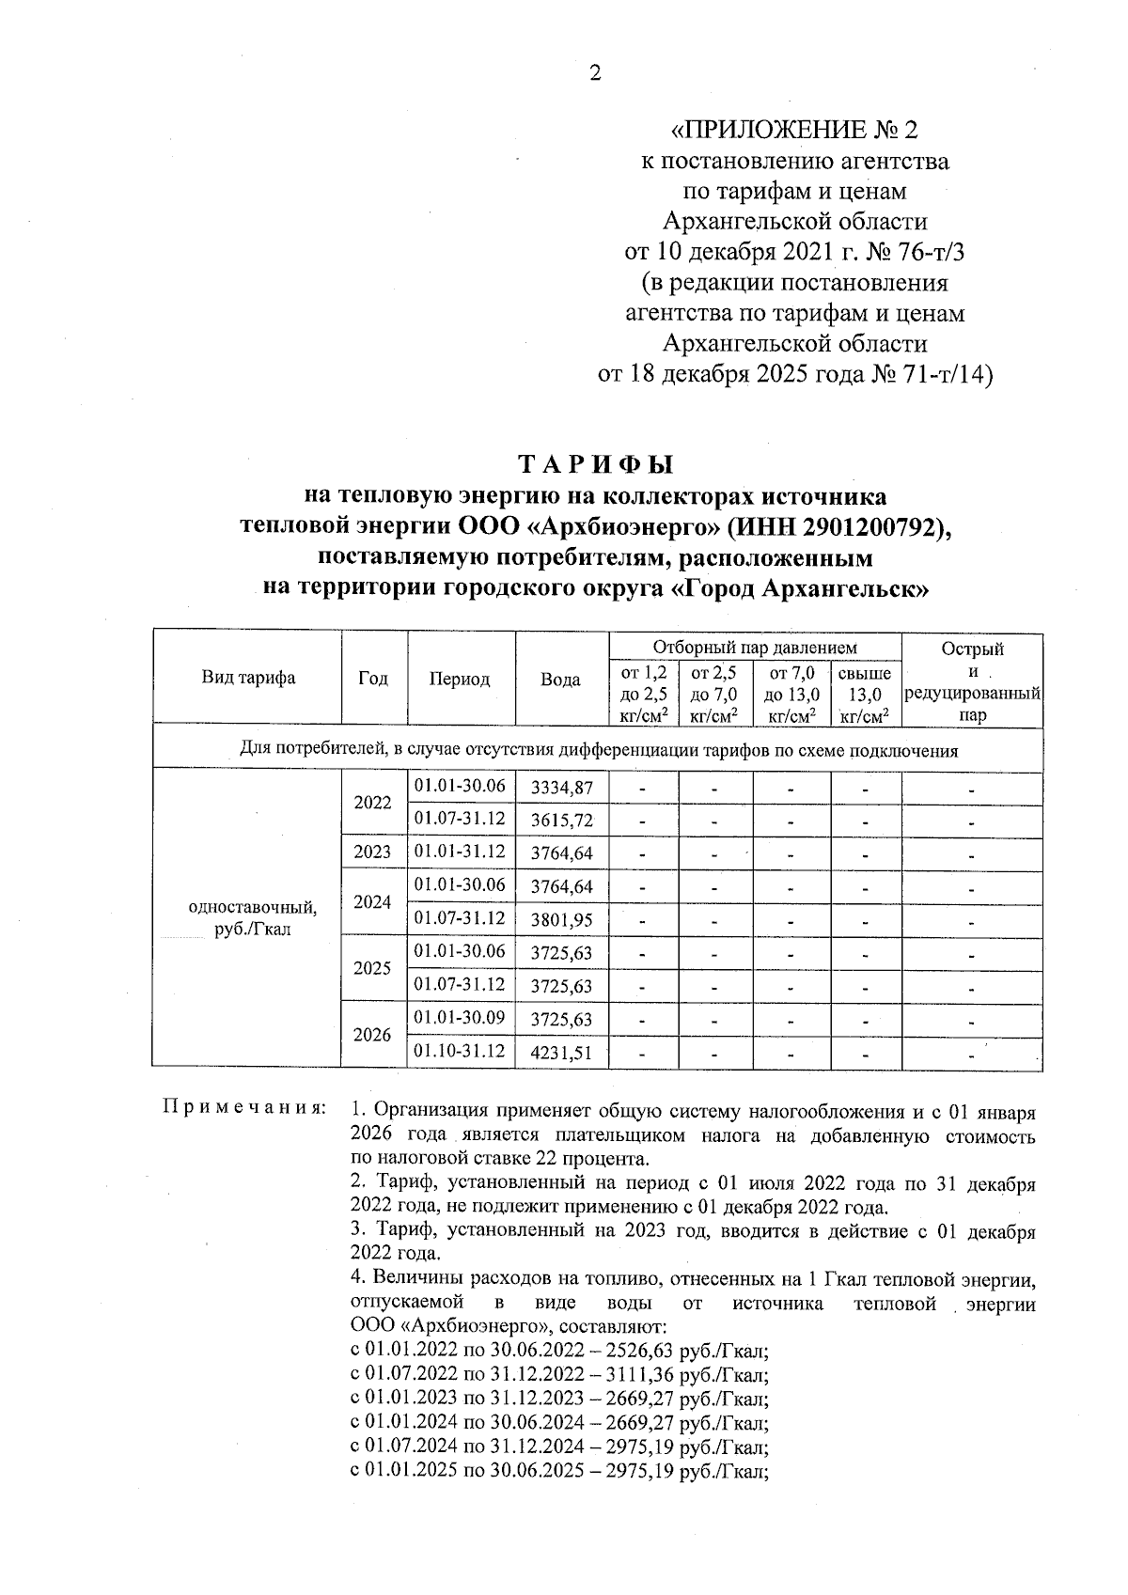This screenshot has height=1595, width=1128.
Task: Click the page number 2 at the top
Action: [594, 73]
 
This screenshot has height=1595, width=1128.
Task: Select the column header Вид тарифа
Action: [248, 679]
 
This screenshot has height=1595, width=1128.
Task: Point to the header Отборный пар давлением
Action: [755, 648]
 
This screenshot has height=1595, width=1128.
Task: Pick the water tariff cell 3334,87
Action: [561, 788]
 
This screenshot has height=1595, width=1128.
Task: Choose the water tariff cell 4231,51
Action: [561, 1053]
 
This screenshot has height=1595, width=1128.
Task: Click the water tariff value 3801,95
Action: [561, 920]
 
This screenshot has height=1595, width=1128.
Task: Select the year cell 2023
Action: [373, 853]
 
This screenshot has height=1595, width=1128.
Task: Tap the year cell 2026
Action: [372, 1035]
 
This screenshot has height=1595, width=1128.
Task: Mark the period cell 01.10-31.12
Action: [460, 1051]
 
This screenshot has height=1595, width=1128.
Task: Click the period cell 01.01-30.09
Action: [460, 1018]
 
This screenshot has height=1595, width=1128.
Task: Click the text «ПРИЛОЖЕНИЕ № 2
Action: [794, 130]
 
